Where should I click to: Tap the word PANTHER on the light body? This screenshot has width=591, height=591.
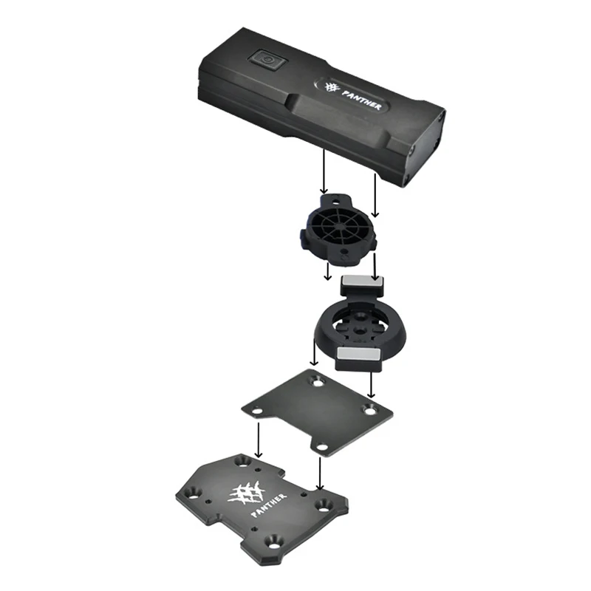361,100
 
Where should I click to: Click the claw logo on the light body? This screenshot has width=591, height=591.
332,88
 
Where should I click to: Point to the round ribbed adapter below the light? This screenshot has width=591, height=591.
338,230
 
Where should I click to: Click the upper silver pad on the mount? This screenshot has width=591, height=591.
362,281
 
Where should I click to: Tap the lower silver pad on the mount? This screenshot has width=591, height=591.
358,354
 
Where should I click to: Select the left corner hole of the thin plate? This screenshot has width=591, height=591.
258,411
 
